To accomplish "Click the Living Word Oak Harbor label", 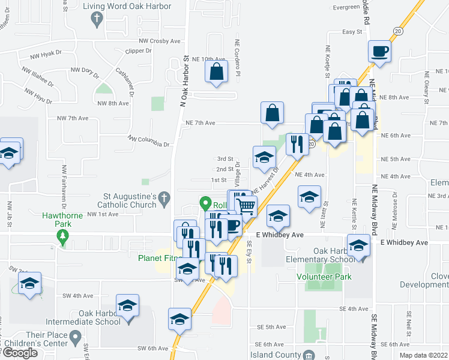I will pos(127,7).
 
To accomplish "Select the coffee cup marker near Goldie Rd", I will pos(380,51).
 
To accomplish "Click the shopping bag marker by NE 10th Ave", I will pos(217,72).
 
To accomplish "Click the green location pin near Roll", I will pos(205,203).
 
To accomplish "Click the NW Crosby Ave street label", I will pos(159,41).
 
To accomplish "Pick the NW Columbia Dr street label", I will pos(149,142).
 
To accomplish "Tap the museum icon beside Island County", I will pos(309,355).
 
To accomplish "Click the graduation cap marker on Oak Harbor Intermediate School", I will pos(127,305).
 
